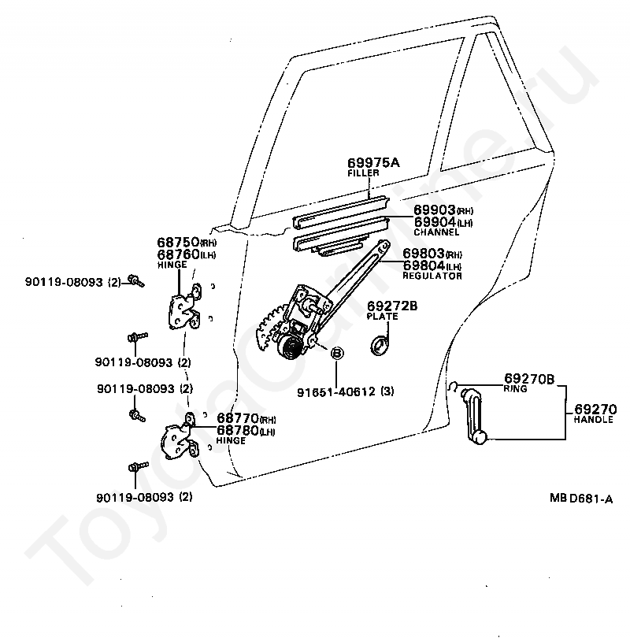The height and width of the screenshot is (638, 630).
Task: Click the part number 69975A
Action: pyautogui.click(x=374, y=162)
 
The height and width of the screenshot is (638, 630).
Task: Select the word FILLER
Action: pyautogui.click(x=364, y=173)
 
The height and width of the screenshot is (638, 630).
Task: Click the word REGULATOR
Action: pyautogui.click(x=432, y=276)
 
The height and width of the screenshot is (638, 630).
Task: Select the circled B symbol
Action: pyautogui.click(x=335, y=354)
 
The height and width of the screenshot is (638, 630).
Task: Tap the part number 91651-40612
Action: pyautogui.click(x=343, y=391)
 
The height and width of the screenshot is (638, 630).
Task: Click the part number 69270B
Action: pyautogui.click(x=529, y=379)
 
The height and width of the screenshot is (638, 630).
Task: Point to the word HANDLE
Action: pyautogui.click(x=592, y=421)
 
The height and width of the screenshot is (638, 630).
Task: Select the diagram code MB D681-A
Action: pyautogui.click(x=581, y=498)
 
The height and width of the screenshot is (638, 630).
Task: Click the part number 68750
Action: pyautogui.click(x=179, y=243)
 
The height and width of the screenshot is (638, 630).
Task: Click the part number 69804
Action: pyautogui.click(x=424, y=265)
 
